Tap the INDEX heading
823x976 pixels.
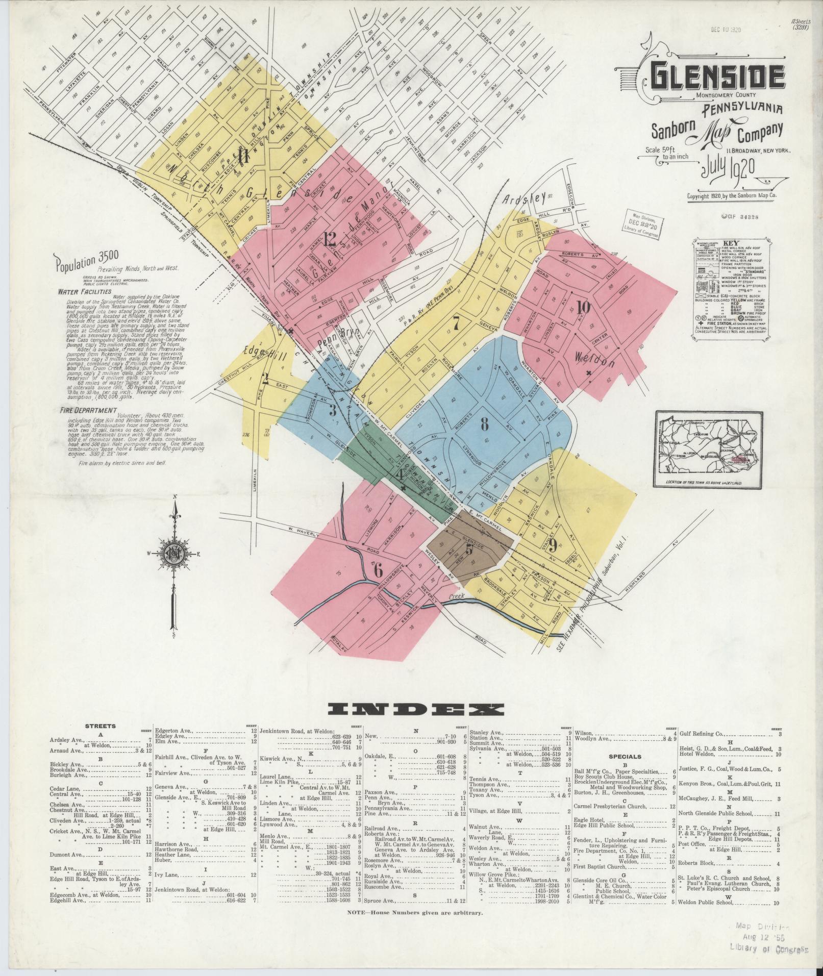416,710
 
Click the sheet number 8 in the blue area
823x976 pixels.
484,423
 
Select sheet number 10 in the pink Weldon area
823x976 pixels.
583,307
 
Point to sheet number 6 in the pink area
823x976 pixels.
378,570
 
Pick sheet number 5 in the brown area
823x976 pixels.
469,550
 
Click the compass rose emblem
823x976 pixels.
175,554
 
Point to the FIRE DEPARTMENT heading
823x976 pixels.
87,410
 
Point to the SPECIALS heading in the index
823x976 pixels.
625,757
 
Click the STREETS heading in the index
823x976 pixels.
101,726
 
